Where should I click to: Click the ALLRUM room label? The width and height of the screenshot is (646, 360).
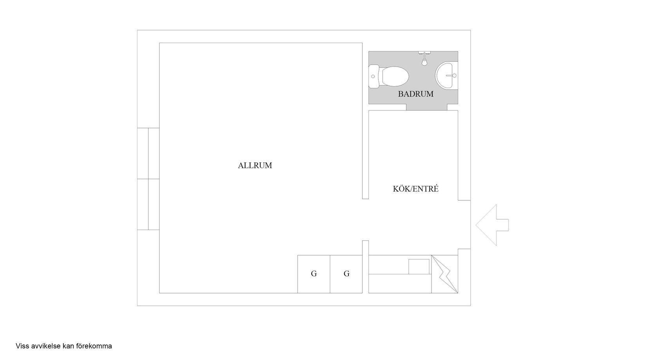255,166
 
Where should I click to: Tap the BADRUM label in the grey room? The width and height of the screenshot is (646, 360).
416,94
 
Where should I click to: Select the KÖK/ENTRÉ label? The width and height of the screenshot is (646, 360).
416,189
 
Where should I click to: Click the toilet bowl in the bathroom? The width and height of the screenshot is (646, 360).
395,76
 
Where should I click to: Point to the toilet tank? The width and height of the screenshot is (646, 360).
374,76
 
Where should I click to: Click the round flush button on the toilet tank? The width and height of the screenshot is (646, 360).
373,76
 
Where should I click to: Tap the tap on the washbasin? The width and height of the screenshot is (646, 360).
453,75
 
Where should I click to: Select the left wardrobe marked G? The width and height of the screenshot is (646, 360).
314,274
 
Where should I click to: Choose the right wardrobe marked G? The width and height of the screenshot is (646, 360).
346,274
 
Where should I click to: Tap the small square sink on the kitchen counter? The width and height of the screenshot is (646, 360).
419,266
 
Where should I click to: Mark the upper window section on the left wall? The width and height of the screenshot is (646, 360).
148,153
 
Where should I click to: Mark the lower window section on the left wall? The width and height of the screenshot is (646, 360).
148,204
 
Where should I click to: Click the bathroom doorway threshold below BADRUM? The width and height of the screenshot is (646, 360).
427,108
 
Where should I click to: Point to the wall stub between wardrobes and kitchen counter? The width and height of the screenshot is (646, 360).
365,266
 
